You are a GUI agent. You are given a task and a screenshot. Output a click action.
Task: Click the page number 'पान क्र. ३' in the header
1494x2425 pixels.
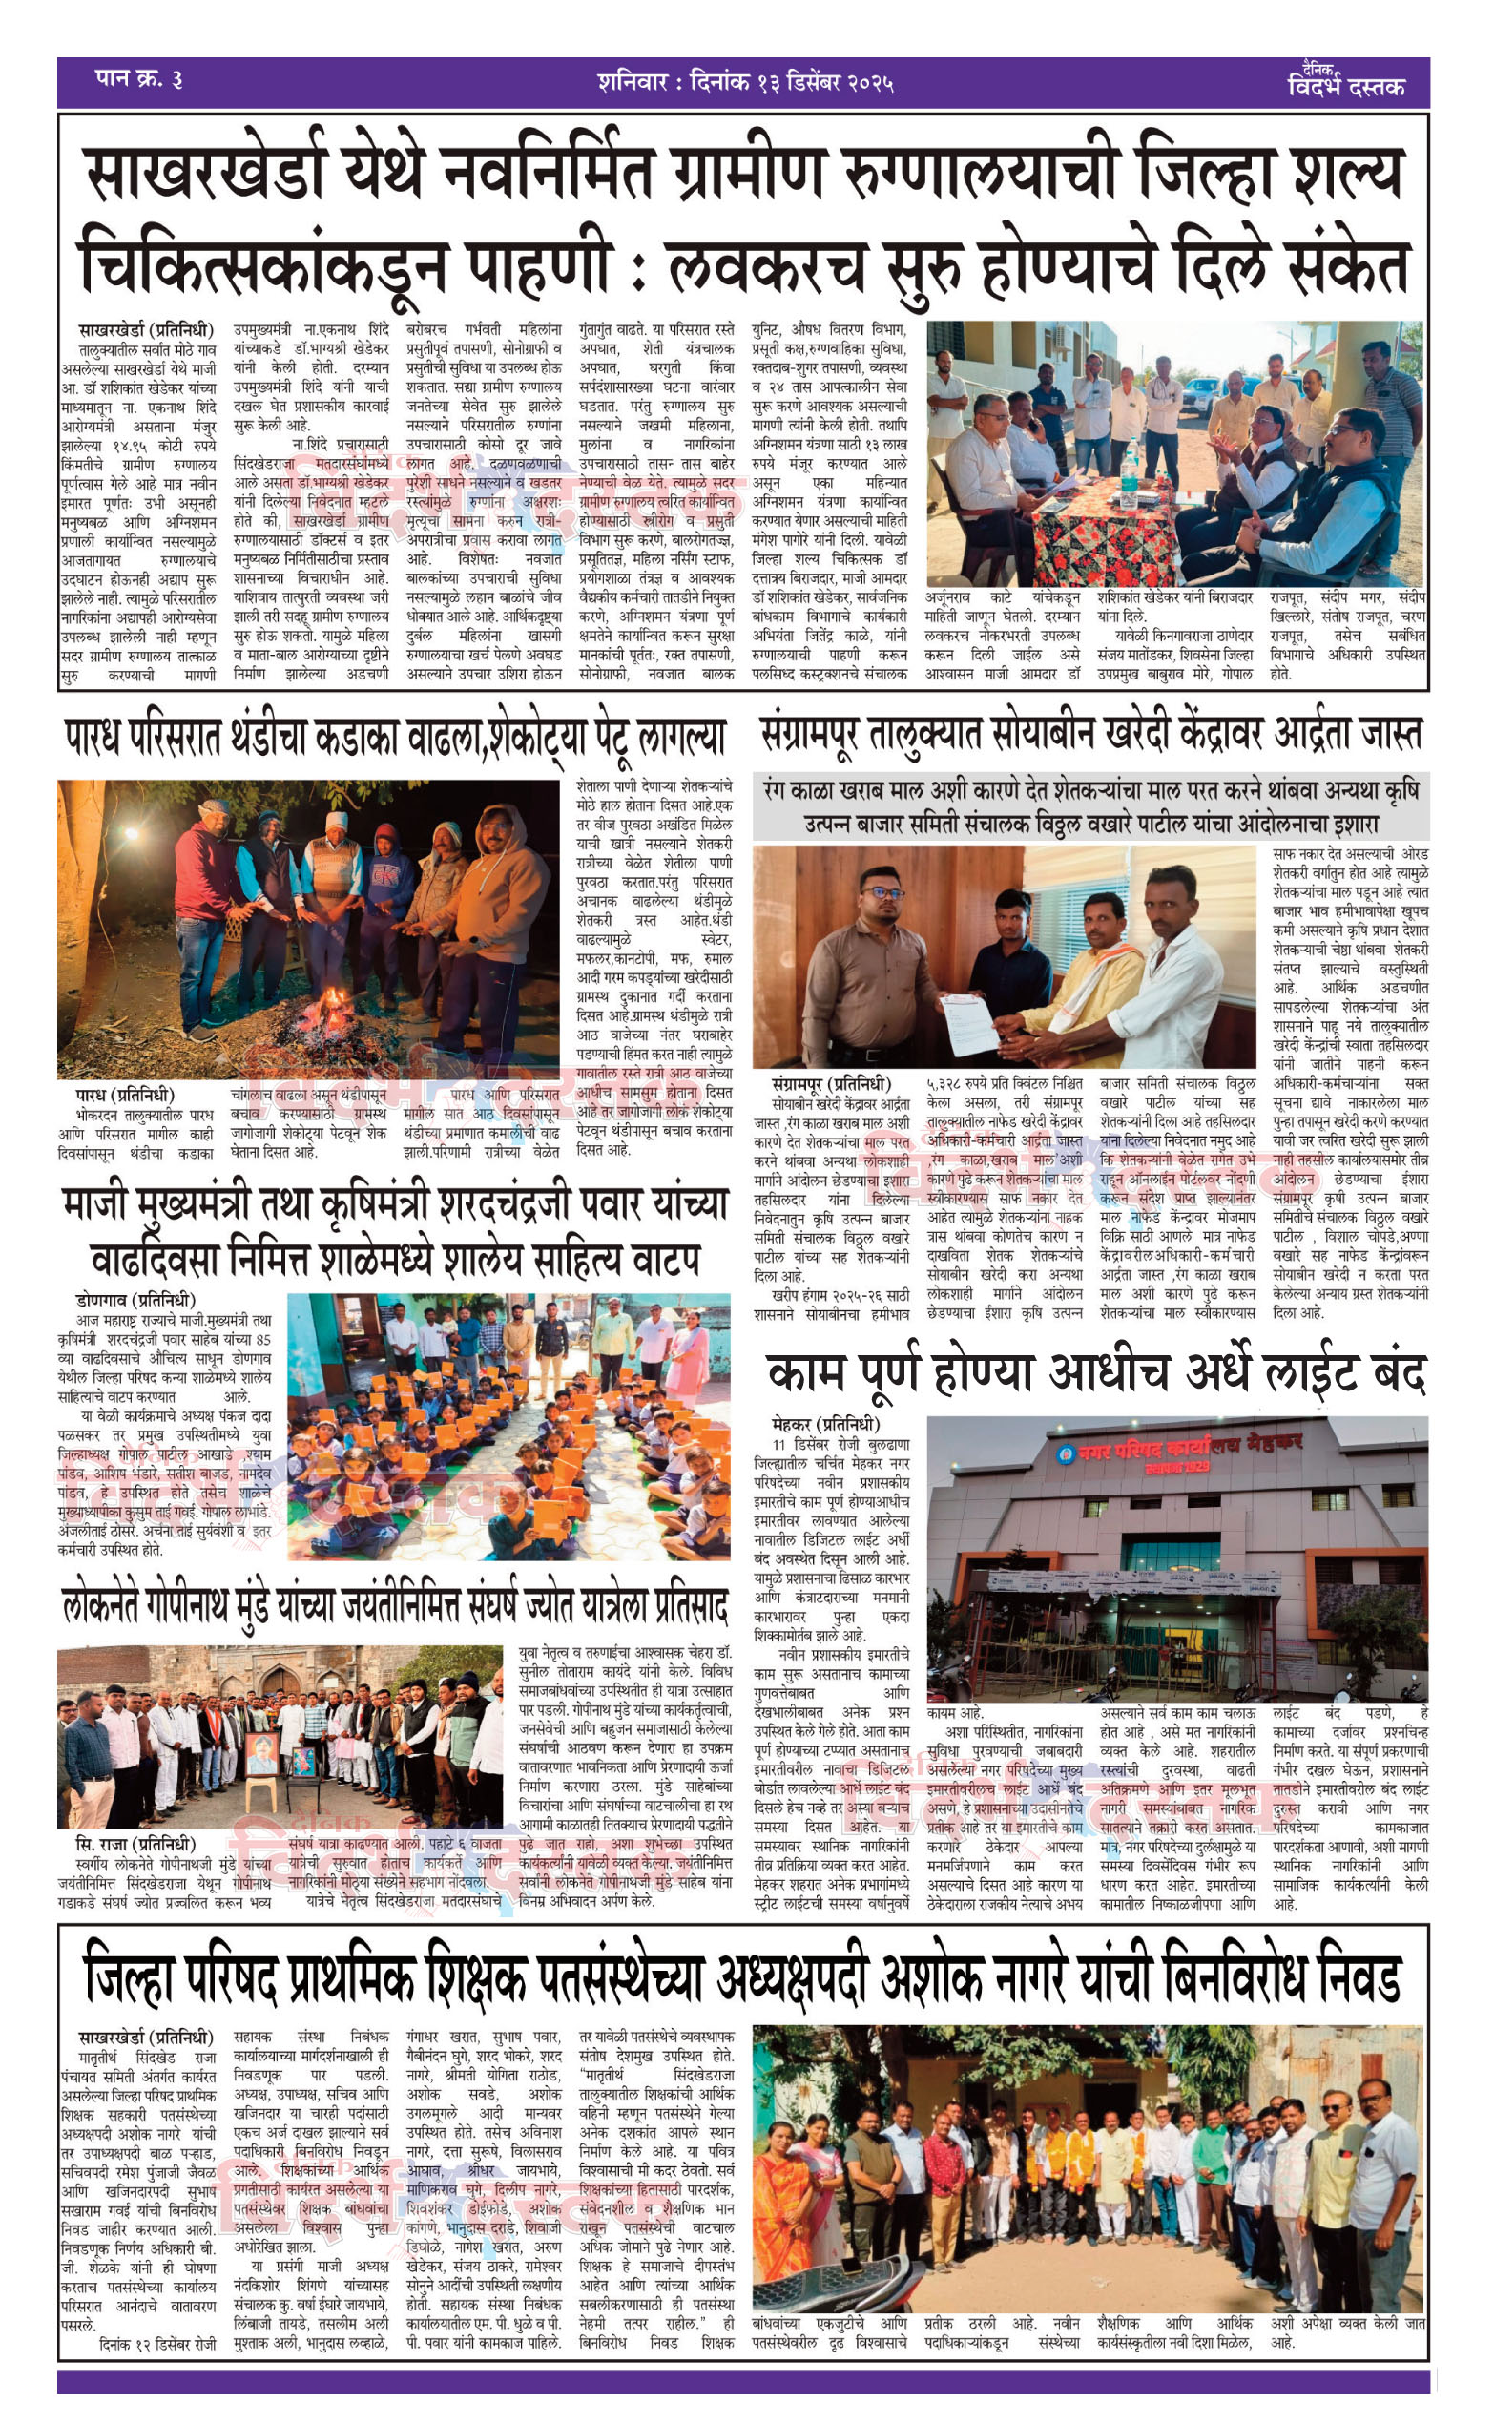(x=138, y=79)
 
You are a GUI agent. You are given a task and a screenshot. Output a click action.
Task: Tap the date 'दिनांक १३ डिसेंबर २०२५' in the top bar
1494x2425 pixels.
(x=784, y=82)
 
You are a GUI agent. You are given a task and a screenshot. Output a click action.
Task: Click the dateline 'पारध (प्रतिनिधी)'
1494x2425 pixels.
(x=124, y=1096)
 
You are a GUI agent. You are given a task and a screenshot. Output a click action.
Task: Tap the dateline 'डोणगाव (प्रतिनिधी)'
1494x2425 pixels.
(x=135, y=1300)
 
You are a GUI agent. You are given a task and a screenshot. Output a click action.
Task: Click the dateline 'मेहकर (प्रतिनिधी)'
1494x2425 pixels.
(x=825, y=1424)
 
